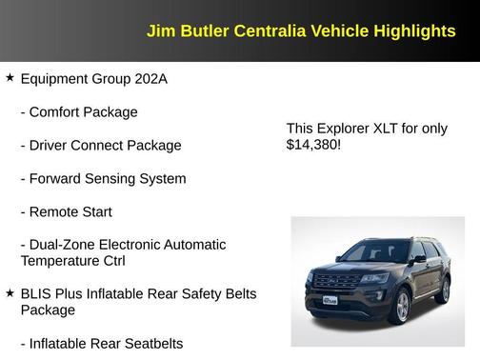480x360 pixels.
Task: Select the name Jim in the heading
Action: pyautogui.click(x=159, y=30)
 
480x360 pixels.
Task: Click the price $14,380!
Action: pyautogui.click(x=313, y=145)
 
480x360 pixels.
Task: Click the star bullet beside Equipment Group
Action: pyautogui.click(x=10, y=77)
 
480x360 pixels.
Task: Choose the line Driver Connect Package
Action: pyautogui.click(x=100, y=145)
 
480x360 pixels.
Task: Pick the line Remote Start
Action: pyautogui.click(x=79, y=211)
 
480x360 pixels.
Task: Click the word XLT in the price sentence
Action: pyautogui.click(x=385, y=128)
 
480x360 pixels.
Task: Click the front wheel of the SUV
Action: pyautogui.click(x=404, y=308)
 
